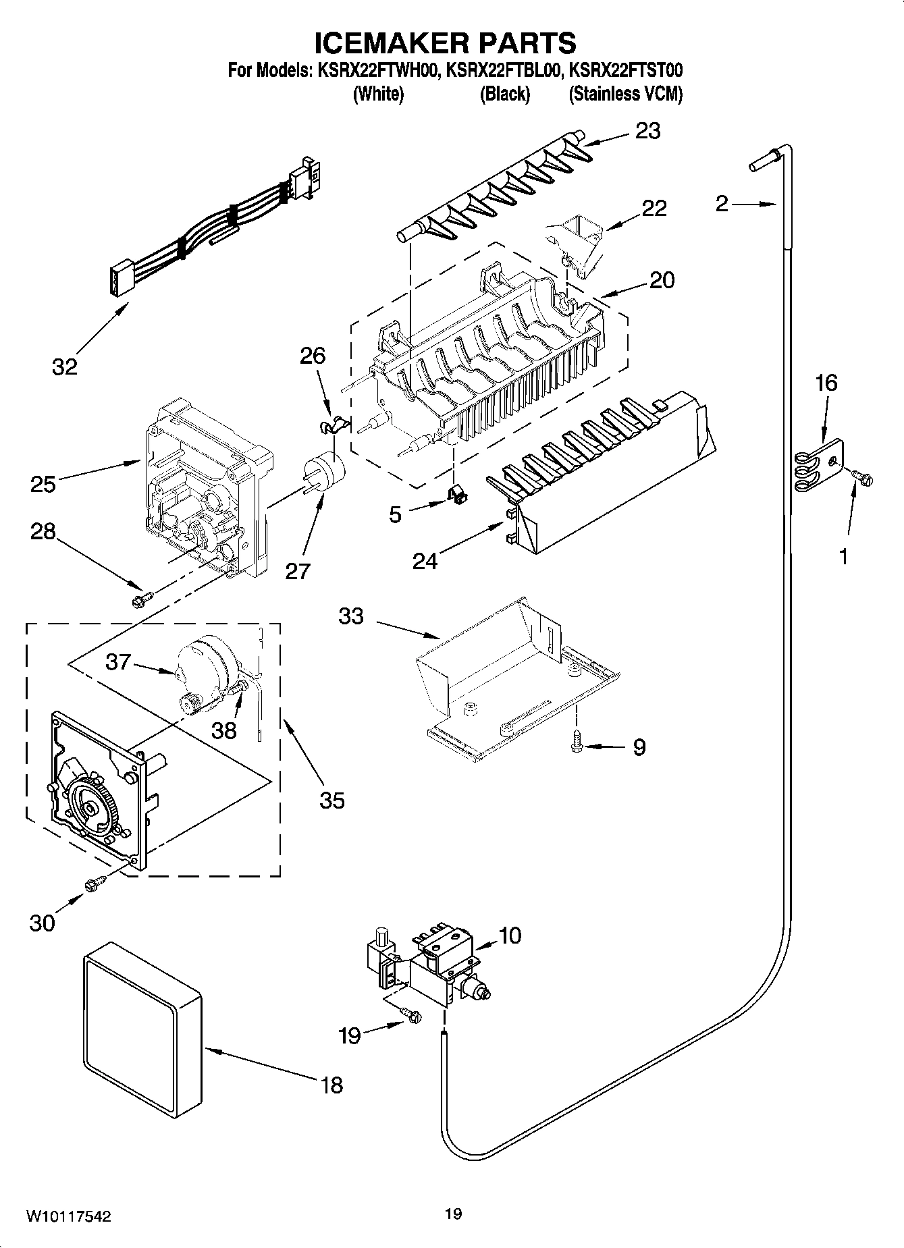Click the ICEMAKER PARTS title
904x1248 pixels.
tap(446, 43)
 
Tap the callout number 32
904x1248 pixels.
tap(65, 367)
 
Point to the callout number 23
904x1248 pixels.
tap(648, 131)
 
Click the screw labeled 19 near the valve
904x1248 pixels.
tap(411, 1012)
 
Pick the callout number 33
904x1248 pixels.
tap(351, 616)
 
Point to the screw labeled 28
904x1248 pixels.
tap(144, 597)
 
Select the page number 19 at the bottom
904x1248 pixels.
tap(453, 1214)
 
